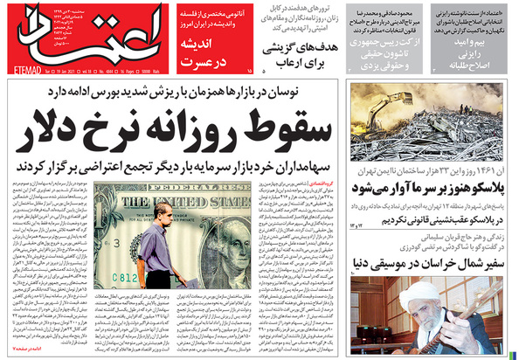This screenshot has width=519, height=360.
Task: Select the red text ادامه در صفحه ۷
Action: pyautogui.click(x=30, y=349)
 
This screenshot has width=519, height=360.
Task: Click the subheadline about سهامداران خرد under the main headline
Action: pyautogui.click(x=175, y=166)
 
